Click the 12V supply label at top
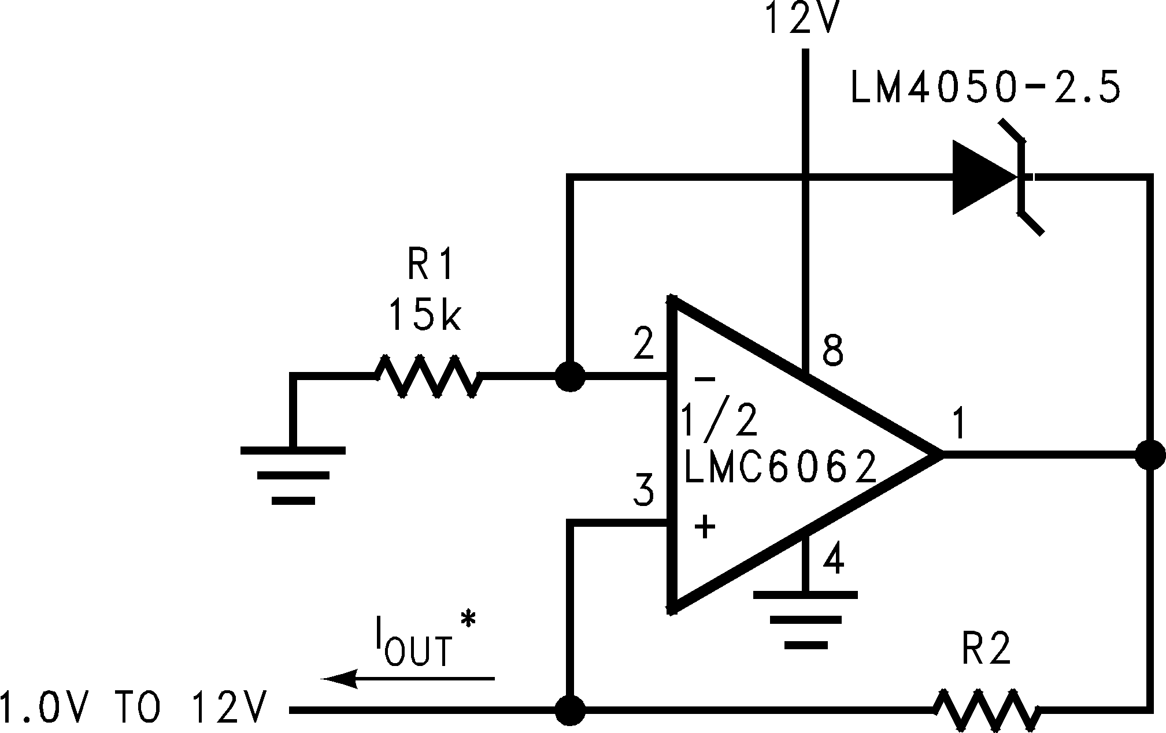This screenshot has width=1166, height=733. click(x=801, y=20)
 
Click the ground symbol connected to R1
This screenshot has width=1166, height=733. click(x=293, y=475)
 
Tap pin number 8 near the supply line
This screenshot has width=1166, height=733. click(x=832, y=351)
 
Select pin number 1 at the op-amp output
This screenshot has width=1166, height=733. click(x=958, y=425)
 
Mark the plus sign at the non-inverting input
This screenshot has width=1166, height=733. click(x=705, y=527)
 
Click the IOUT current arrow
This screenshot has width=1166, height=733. click(x=408, y=678)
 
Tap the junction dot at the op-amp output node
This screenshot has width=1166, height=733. click(x=1149, y=455)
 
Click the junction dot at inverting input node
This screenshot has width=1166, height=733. click(x=570, y=377)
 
